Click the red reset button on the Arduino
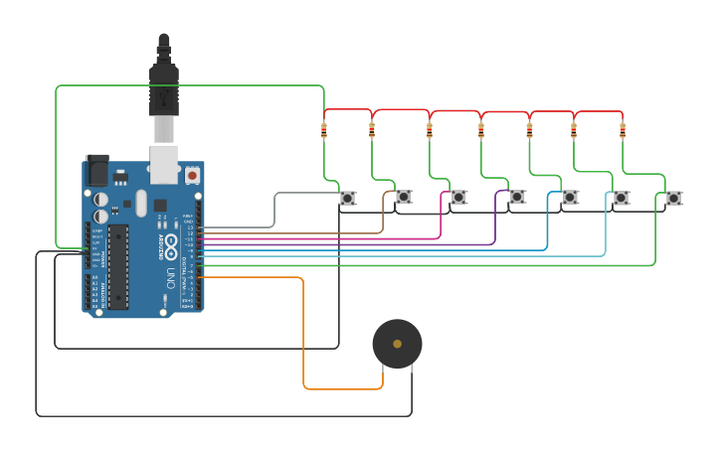pos(192,175)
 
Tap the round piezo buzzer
pos(397,344)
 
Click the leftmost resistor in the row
pos(324,129)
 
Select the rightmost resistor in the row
pos(623,129)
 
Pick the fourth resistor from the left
pos(481,129)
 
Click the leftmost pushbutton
pos(347,198)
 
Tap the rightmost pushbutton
pos(673,198)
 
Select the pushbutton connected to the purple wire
pos(517,197)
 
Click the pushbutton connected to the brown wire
pos(403,197)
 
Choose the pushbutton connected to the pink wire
pos(458,197)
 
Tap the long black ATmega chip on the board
pos(117,266)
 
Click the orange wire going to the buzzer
pos(302,338)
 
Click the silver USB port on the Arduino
pos(164,164)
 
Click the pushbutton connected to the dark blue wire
pos(570,197)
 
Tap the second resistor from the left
pos(372,129)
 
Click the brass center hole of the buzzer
pos(397,344)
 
